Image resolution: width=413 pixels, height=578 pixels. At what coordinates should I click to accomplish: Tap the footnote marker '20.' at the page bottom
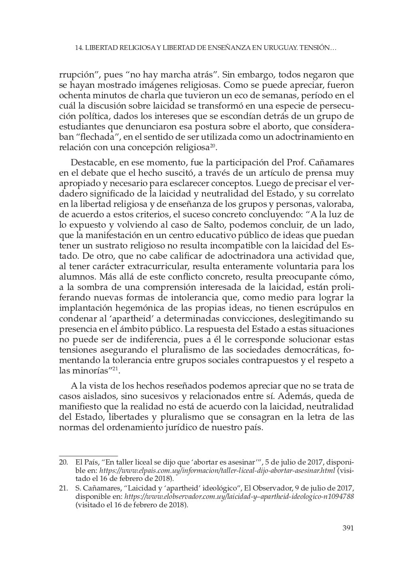(64, 463)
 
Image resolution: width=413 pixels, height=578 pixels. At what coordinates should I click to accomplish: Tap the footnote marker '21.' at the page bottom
(64, 488)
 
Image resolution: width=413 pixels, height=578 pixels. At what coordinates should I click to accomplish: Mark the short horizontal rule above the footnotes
(88, 455)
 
